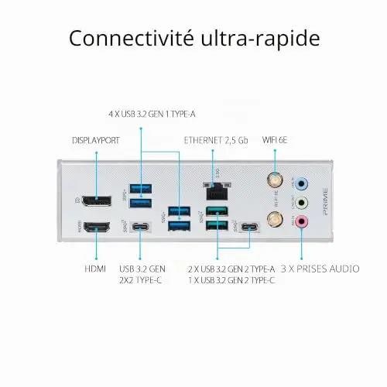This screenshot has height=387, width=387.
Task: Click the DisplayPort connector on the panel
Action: point(97,201)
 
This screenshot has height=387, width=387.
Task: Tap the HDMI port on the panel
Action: point(97,227)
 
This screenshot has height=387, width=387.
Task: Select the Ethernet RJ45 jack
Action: point(217,192)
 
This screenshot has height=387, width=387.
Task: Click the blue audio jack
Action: point(301,184)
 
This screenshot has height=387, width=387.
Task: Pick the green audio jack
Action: point(301,203)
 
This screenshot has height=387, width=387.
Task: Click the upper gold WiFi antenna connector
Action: point(275,180)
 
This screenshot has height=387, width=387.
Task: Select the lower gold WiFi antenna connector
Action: point(275,219)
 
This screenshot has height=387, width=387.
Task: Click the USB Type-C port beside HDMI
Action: point(140,227)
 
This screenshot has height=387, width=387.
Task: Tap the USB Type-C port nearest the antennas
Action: point(249,227)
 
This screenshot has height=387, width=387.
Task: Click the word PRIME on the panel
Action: point(325,201)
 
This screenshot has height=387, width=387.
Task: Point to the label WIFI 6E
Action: point(275,140)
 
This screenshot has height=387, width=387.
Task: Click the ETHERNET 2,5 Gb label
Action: point(216,140)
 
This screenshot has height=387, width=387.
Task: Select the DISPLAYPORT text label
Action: point(96,141)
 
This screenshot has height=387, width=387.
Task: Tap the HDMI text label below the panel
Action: point(95,269)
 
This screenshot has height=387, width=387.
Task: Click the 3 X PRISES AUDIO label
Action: point(320,269)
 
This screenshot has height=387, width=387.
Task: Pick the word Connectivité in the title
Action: point(132,38)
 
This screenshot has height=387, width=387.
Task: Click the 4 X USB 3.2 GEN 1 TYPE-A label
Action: point(152,114)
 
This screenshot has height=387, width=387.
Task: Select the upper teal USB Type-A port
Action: point(217,211)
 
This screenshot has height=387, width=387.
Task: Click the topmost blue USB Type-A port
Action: point(141,189)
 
